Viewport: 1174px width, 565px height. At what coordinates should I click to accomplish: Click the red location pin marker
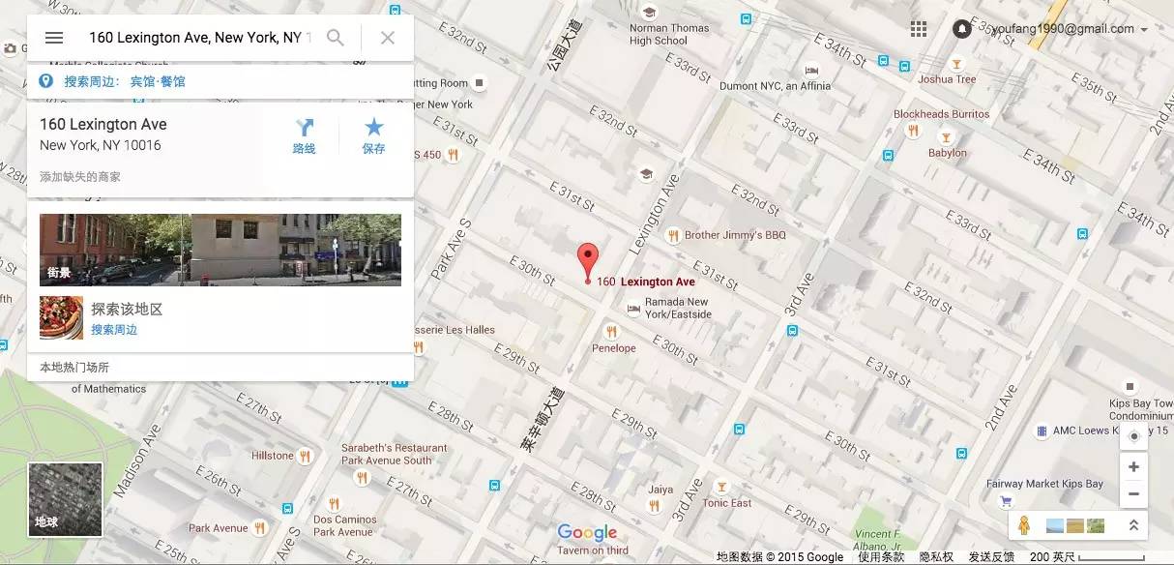tap(588, 260)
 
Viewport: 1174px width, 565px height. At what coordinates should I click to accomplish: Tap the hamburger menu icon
tap(54, 38)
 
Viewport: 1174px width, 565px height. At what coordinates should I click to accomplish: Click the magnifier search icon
tap(335, 38)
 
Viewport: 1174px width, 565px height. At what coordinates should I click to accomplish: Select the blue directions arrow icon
tap(305, 128)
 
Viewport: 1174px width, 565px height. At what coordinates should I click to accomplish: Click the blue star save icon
tap(373, 128)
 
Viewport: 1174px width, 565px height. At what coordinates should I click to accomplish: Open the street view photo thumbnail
tap(220, 250)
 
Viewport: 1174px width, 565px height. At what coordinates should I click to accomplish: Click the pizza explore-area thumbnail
tap(61, 317)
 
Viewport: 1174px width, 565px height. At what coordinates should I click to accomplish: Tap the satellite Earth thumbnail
tap(65, 499)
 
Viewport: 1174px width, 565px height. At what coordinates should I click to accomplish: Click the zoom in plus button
tap(1133, 466)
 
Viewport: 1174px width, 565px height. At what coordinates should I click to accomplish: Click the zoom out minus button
tap(1133, 493)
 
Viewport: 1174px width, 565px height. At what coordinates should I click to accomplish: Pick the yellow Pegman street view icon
tap(1024, 525)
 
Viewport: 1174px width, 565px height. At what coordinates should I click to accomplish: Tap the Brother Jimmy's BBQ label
tap(735, 235)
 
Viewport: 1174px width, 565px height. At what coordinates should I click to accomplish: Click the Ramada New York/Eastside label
tap(678, 309)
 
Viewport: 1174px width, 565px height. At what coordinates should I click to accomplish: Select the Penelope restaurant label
tap(614, 348)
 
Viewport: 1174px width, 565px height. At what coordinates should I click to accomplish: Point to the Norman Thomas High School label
tap(669, 35)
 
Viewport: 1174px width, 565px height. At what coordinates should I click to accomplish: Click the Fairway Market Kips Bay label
tap(1044, 484)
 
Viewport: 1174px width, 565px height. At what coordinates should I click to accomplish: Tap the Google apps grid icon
tap(919, 29)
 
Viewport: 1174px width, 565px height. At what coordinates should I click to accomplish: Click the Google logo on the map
tap(587, 533)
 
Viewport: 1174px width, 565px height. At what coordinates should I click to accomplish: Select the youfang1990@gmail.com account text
tap(1062, 29)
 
